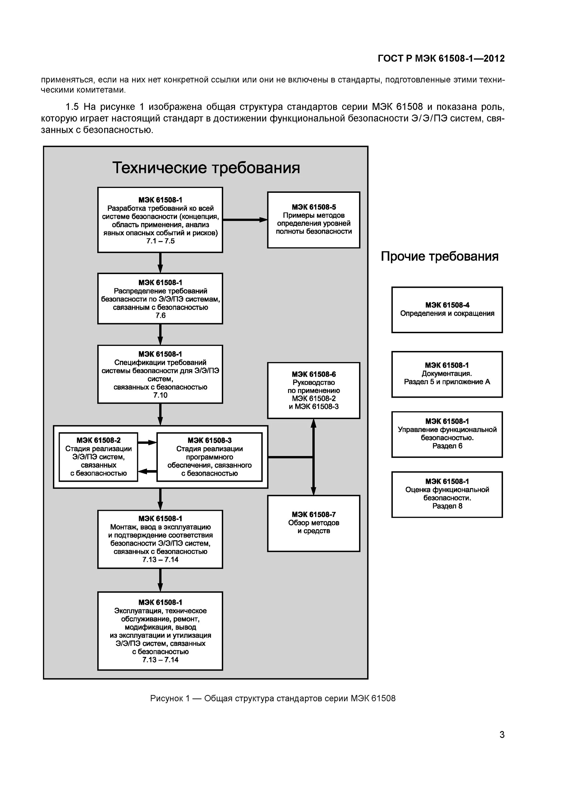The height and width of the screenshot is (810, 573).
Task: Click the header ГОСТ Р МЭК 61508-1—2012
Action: [x=441, y=58]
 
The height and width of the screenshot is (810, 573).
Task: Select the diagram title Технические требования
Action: [x=206, y=168]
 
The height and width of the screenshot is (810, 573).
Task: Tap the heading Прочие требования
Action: [x=439, y=256]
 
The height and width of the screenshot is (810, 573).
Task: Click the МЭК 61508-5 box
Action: [x=313, y=220]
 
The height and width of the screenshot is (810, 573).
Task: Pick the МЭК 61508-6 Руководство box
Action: [x=313, y=390]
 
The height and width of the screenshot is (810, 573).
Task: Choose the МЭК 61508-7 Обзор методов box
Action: [x=313, y=523]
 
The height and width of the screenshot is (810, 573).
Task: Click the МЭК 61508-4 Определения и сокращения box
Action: [x=447, y=310]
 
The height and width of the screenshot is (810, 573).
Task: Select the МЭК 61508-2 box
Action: [x=99, y=457]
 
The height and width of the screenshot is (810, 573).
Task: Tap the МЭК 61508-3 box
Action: [x=209, y=457]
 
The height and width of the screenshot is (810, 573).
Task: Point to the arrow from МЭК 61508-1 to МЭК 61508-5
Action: [x=245, y=220]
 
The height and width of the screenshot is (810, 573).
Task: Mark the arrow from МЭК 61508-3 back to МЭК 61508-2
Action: [x=147, y=471]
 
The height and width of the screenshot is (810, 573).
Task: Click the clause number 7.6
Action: [x=160, y=315]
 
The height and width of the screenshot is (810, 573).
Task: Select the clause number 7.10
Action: [x=160, y=395]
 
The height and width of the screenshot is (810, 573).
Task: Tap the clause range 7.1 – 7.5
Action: [x=160, y=241]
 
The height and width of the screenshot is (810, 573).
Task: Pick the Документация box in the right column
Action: [x=447, y=374]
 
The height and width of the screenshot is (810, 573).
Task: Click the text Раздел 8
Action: [x=447, y=506]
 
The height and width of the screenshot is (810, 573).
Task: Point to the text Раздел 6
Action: [x=447, y=446]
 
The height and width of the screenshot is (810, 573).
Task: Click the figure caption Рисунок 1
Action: [x=273, y=698]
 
